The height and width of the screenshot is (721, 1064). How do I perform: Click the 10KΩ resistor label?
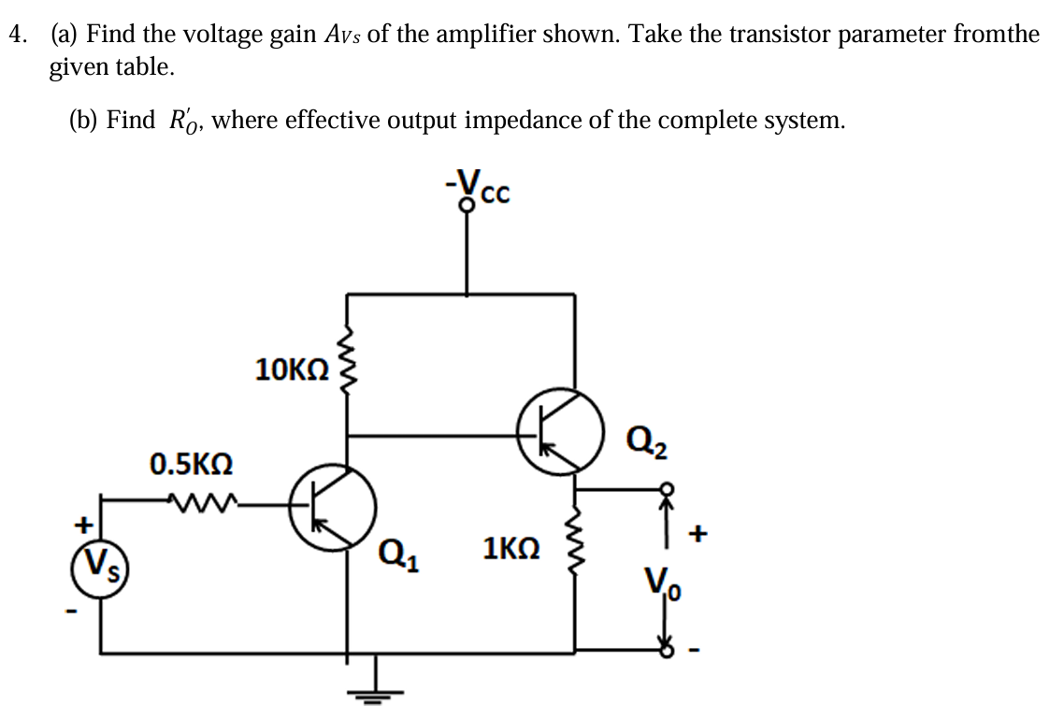(291, 369)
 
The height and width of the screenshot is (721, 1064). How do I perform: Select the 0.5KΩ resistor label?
(192, 463)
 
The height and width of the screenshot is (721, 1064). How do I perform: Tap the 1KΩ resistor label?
(511, 547)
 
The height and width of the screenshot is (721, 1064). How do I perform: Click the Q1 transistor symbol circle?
(332, 508)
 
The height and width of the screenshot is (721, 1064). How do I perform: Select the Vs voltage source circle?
(97, 564)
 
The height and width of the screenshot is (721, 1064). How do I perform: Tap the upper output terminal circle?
(667, 488)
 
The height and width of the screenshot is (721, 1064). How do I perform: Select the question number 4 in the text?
(16, 36)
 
